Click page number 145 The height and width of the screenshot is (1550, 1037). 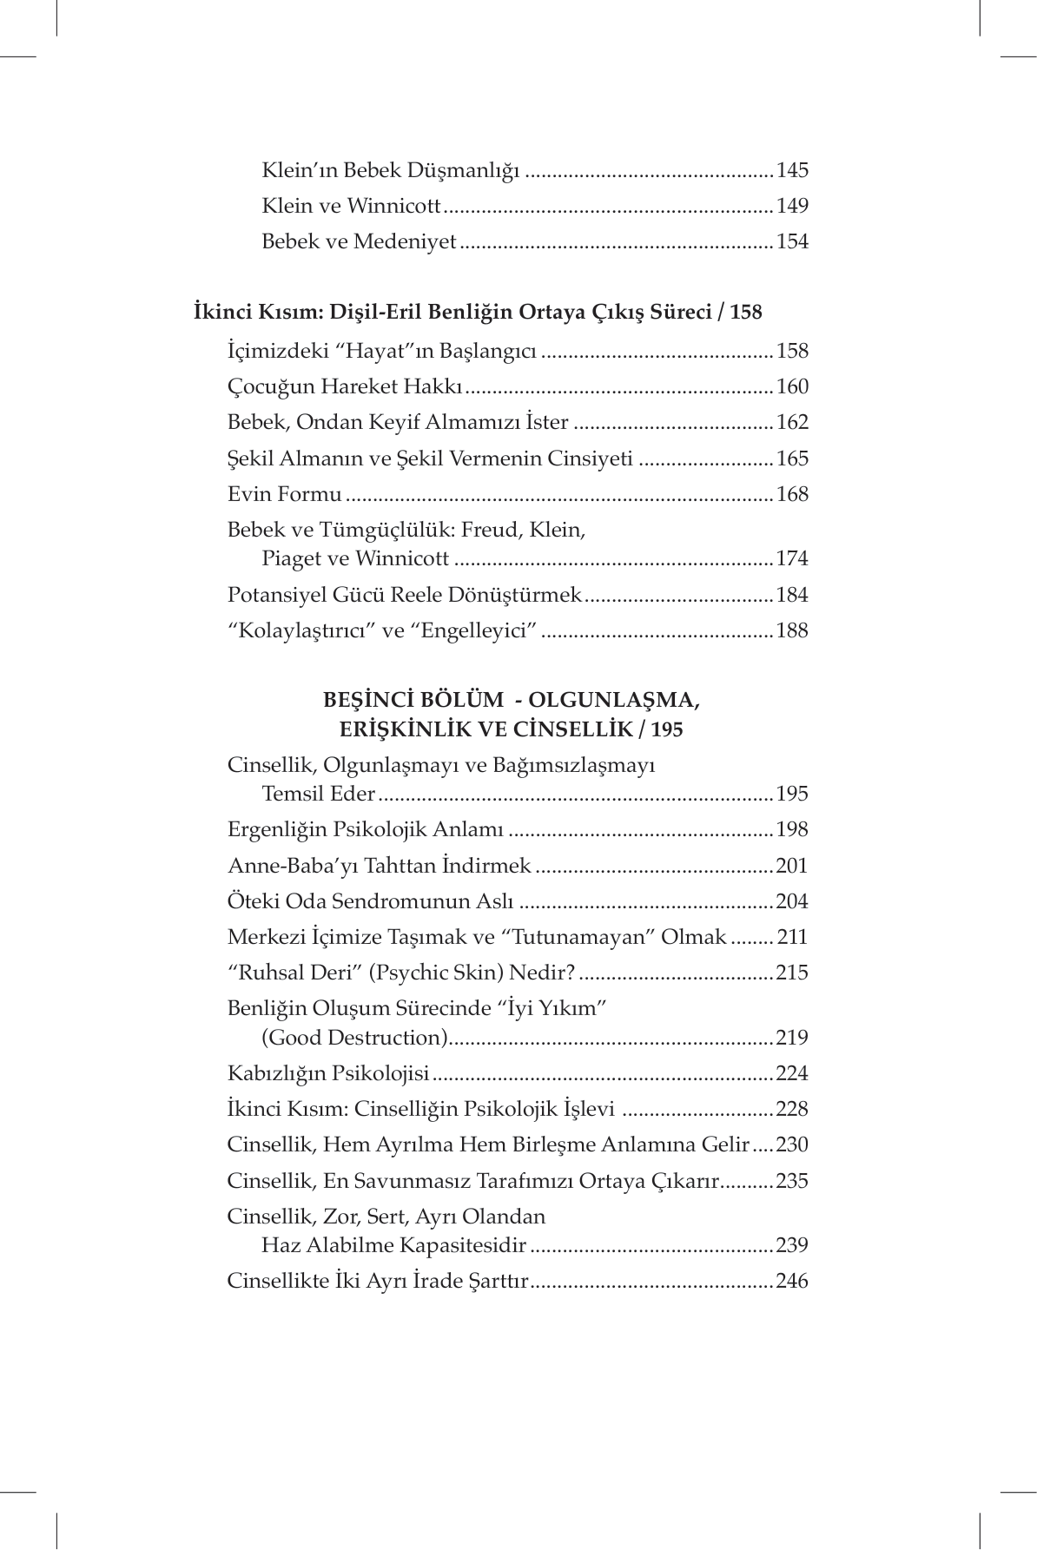(792, 170)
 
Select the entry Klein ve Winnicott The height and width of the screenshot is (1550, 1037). (352, 206)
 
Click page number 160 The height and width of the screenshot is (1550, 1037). (792, 386)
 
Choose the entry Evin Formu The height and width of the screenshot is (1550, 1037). (284, 494)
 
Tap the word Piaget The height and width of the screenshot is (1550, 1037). (291, 558)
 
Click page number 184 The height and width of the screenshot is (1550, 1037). (792, 595)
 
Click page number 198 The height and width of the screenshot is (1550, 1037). (792, 829)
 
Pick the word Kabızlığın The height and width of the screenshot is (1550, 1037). (275, 1073)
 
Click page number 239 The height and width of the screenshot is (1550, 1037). (792, 1245)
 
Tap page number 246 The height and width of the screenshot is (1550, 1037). (792, 1281)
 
